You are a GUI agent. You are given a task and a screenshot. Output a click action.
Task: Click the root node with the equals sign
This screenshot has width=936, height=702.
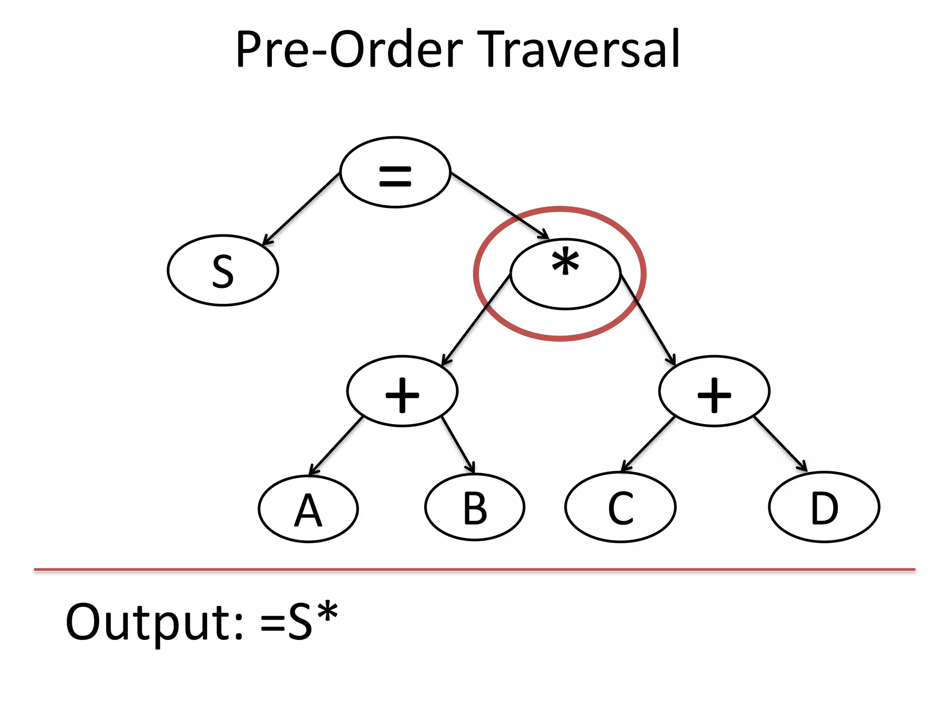tap(395, 172)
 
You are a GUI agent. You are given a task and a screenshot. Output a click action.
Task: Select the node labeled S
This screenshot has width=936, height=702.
tap(223, 271)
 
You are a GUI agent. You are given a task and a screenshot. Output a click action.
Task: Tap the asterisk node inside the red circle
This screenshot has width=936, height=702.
tap(565, 274)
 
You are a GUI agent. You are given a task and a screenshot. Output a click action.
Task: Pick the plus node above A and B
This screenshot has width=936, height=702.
tap(402, 391)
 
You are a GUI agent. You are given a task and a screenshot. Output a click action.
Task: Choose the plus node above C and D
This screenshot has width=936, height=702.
tap(714, 391)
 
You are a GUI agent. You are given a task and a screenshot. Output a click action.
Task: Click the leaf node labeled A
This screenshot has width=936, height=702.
tap(308, 509)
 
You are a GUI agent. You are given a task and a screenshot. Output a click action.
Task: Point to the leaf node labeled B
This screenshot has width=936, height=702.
tap(475, 508)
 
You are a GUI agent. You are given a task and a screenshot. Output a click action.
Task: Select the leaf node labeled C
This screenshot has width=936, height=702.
tap(620, 507)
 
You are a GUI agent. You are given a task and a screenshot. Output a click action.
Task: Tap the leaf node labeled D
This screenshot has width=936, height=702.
tap(824, 507)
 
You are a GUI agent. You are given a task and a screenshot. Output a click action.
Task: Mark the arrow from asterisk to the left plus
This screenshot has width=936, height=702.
tap(476, 320)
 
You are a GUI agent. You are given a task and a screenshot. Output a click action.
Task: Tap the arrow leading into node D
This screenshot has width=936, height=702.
tap(780, 444)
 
